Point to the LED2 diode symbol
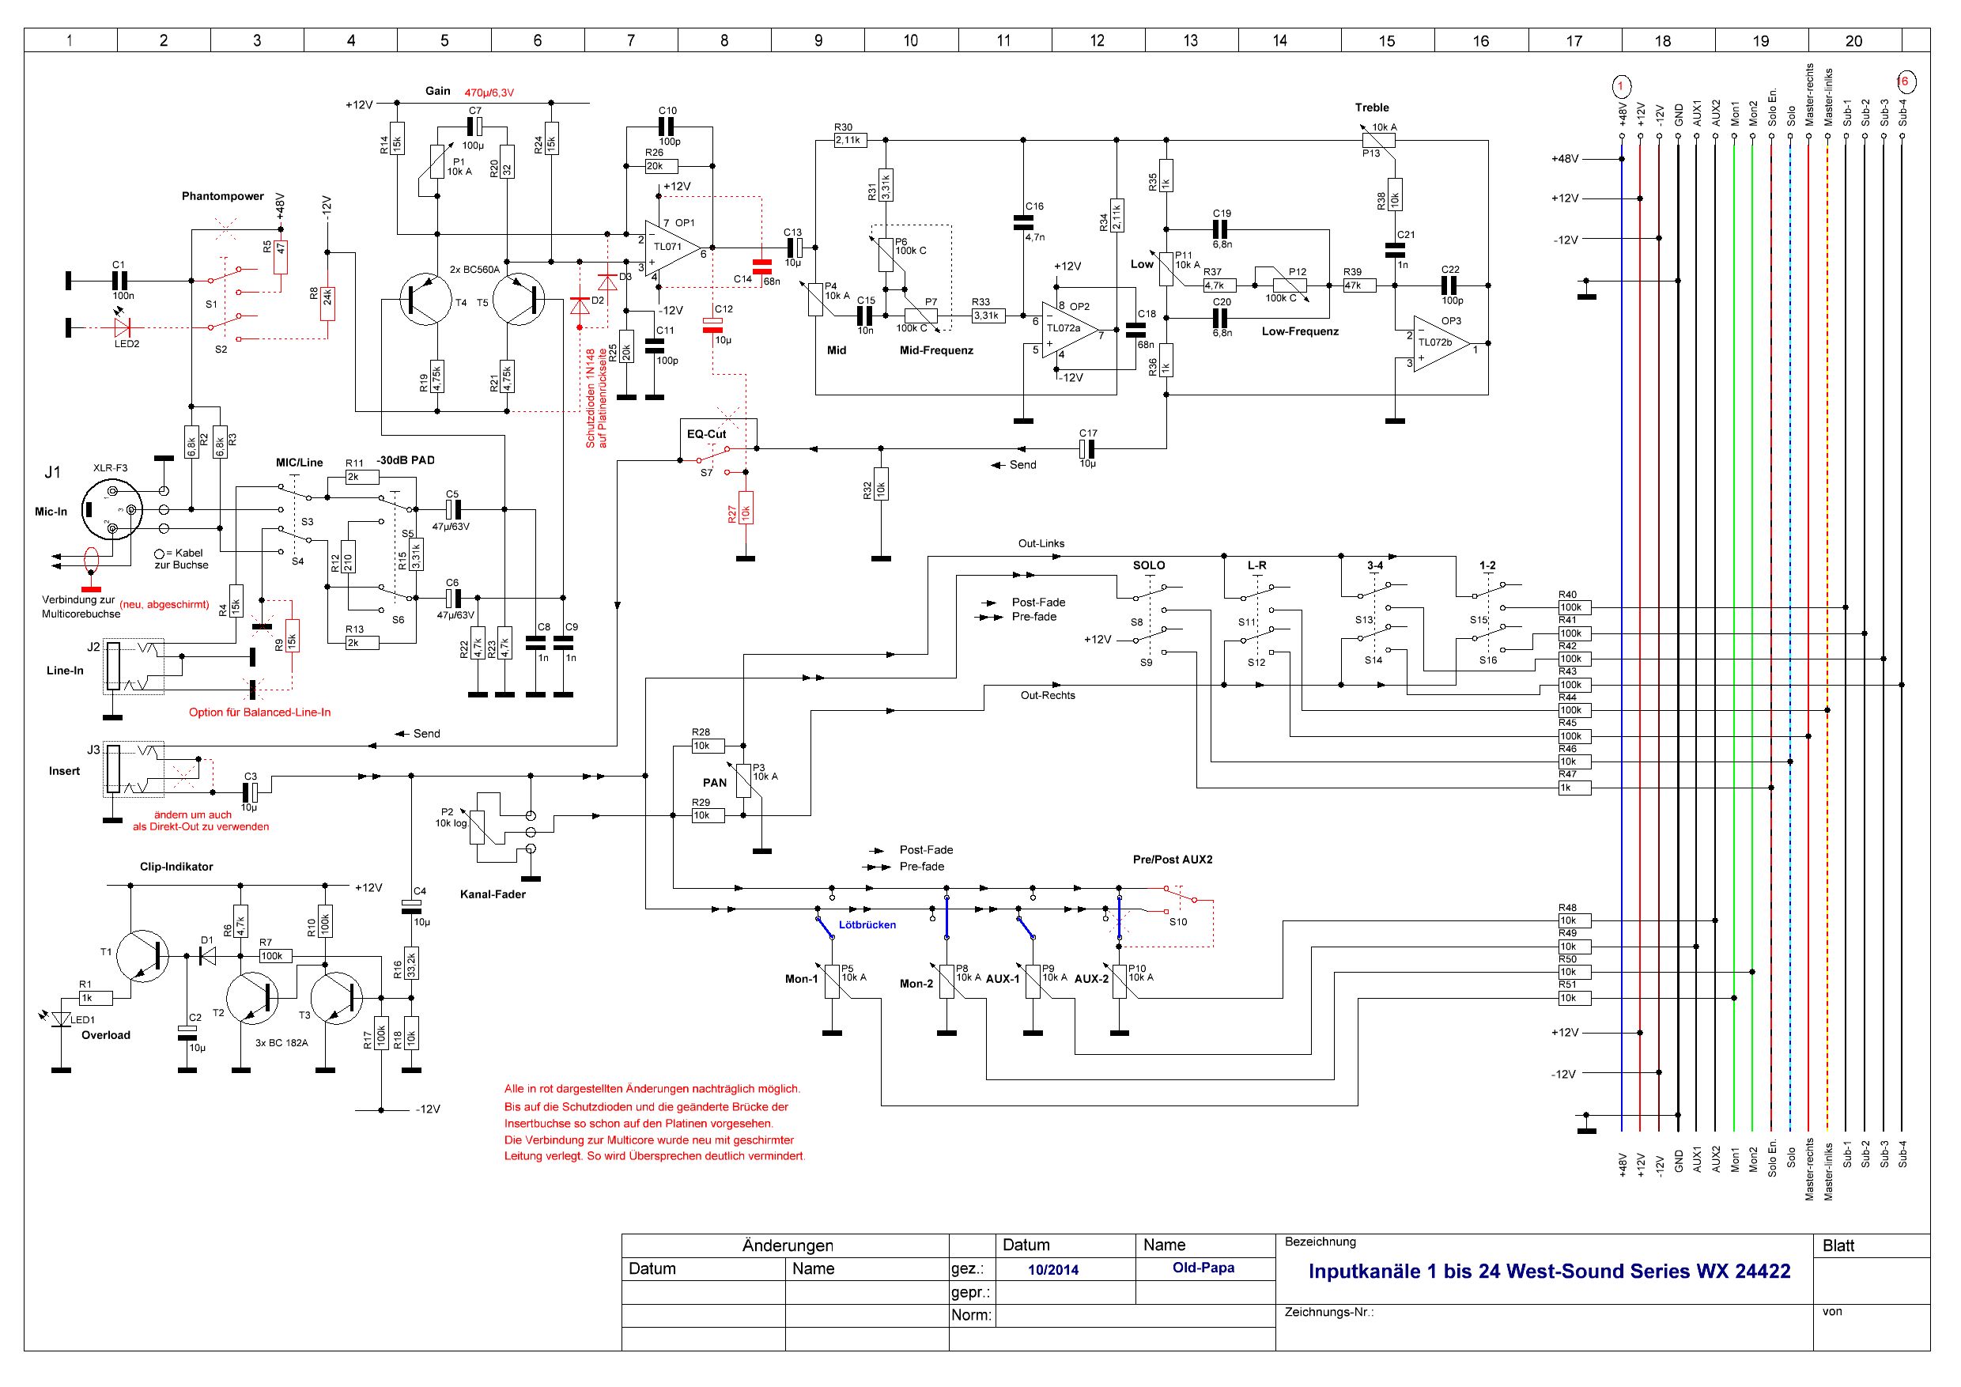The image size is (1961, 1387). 122,327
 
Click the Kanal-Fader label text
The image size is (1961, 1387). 493,894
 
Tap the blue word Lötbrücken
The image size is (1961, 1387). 867,924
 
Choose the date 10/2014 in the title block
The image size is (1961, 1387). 1053,1270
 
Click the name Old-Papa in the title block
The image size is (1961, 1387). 1203,1268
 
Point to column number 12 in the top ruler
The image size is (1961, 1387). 1098,40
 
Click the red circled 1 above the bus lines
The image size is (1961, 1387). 1621,85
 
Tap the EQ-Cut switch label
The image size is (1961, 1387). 706,434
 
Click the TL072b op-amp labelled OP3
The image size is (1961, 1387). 1440,345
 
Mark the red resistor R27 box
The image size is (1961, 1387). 746,508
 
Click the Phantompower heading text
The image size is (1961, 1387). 223,196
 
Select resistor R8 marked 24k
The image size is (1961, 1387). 327,302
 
